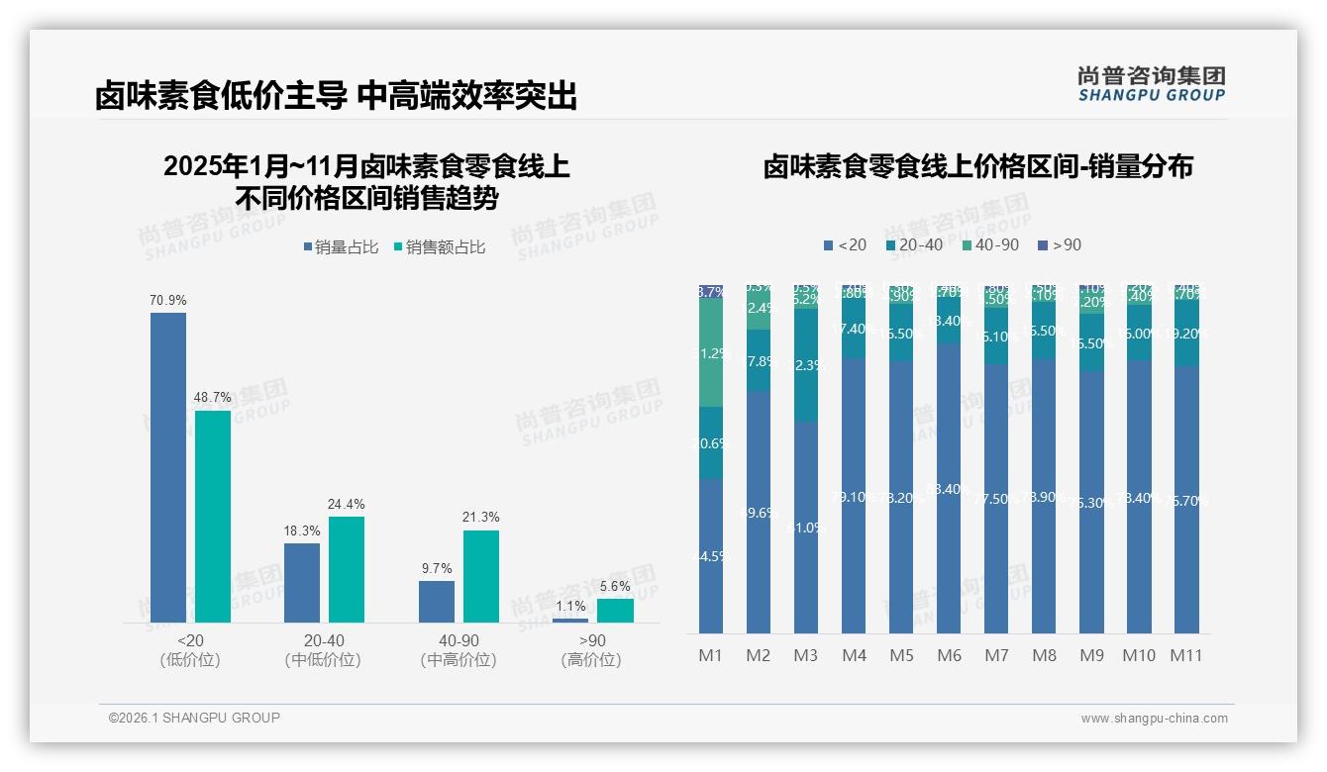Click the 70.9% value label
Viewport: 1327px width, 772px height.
[168, 300]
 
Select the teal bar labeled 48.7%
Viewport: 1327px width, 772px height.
[213, 516]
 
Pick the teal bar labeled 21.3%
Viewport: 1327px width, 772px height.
[481, 576]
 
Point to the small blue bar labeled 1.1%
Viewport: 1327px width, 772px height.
[570, 621]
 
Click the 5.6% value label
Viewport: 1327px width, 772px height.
[615, 586]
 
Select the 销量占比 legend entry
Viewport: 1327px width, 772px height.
[341, 247]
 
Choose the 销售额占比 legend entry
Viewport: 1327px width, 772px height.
[440, 247]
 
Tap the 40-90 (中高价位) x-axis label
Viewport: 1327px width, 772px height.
[457, 650]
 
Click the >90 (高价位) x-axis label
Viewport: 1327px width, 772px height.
[591, 650]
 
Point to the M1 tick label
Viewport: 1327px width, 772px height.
[711, 655]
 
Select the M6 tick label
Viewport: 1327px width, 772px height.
[949, 655]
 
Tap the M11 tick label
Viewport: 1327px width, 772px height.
[1186, 655]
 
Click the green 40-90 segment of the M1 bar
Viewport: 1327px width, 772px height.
[711, 352]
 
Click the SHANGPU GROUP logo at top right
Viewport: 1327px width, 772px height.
[1151, 83]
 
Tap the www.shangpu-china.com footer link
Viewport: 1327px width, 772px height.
[1154, 719]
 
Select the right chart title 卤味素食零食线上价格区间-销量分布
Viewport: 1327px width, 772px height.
[977, 166]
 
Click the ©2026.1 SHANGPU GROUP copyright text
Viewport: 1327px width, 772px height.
[194, 718]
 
